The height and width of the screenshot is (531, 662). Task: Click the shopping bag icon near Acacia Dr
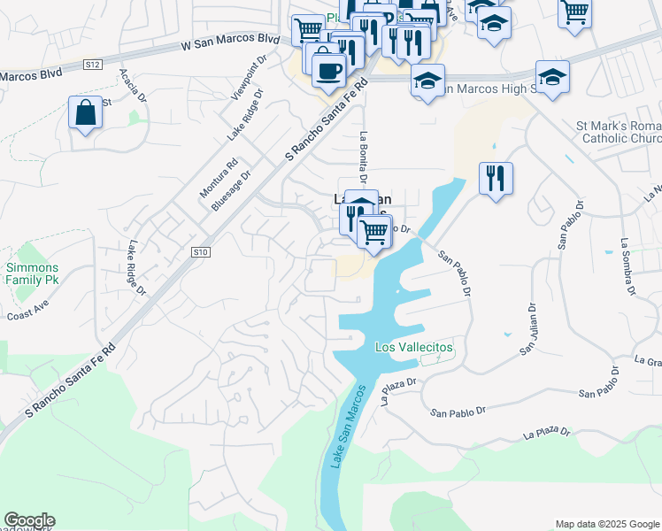tap(85, 113)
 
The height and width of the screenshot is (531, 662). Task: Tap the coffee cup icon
tap(328, 69)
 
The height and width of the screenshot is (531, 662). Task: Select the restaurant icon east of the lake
tap(496, 178)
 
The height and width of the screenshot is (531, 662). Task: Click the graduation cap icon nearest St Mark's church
tap(552, 78)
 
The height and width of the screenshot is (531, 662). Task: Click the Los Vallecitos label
tap(413, 348)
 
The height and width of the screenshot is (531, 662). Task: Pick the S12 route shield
tap(93, 65)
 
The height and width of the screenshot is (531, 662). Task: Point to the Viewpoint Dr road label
tap(249, 81)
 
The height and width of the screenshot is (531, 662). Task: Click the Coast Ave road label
tap(25, 315)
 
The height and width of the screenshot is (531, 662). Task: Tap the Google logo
tap(29, 520)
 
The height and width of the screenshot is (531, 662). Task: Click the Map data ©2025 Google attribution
tap(606, 524)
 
